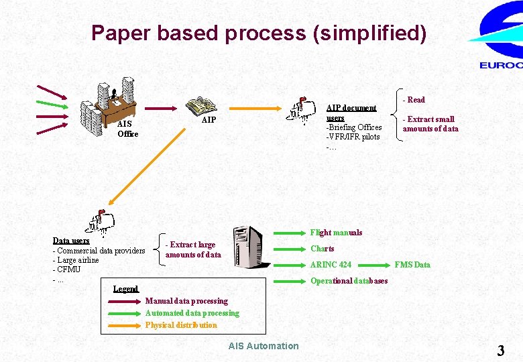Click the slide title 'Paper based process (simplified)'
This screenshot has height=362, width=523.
258,33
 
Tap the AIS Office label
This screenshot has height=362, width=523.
127,129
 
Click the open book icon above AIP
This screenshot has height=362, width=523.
200,106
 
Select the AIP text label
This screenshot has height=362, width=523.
209,120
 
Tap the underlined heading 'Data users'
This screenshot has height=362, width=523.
71,241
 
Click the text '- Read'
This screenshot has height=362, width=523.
414,100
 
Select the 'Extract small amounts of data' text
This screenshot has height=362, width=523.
430,124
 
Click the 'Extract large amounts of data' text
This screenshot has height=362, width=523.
192,249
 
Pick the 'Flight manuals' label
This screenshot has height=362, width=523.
336,233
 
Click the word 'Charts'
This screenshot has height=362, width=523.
323,249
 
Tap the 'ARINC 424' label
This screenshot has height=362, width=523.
331,265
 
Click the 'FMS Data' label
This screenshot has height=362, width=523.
412,265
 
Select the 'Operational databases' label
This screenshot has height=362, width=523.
349,281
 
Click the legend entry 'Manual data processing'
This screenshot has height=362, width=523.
186,301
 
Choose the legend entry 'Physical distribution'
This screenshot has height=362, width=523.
181,325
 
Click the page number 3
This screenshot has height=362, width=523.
500,350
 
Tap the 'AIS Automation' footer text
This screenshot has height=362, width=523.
264,346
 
